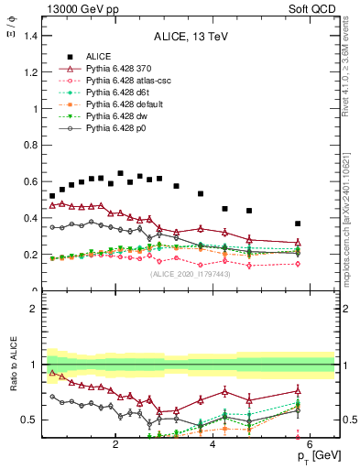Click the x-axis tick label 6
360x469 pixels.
click(310, 445)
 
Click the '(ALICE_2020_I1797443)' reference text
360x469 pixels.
click(190, 274)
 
